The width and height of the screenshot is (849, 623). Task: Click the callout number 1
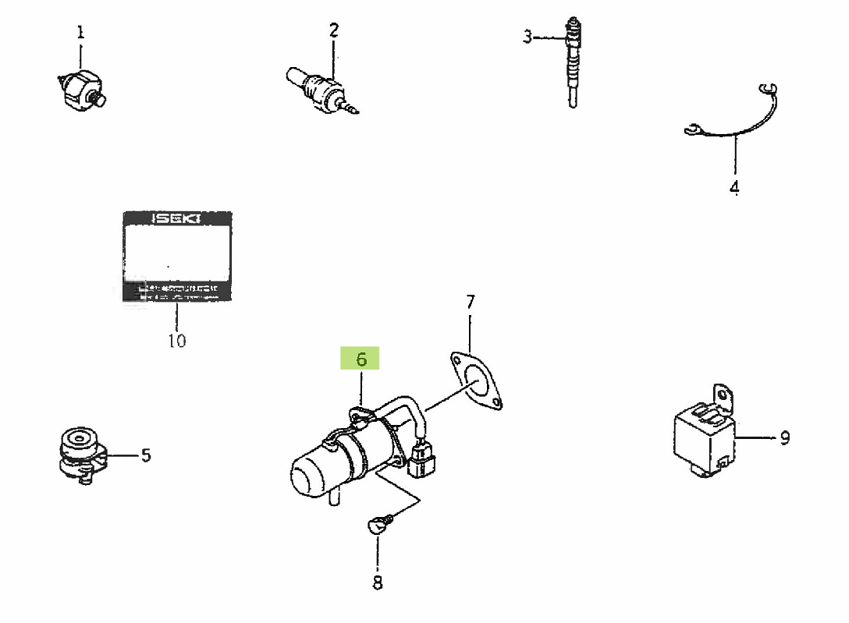click(x=80, y=33)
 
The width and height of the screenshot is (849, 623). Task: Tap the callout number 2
click(x=334, y=30)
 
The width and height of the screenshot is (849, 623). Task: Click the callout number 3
click(x=528, y=36)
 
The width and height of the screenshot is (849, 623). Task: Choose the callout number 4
click(x=734, y=188)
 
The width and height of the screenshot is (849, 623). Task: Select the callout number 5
click(x=146, y=455)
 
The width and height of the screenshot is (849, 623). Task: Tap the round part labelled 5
click(x=80, y=453)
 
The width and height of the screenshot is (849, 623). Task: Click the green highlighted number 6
click(x=361, y=359)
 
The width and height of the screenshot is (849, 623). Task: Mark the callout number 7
click(x=470, y=301)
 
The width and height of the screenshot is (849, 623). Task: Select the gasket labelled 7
click(x=474, y=380)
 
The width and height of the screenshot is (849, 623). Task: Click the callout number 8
click(x=378, y=582)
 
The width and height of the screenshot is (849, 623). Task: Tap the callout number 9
click(x=784, y=437)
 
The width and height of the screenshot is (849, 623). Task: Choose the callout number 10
click(x=176, y=341)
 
